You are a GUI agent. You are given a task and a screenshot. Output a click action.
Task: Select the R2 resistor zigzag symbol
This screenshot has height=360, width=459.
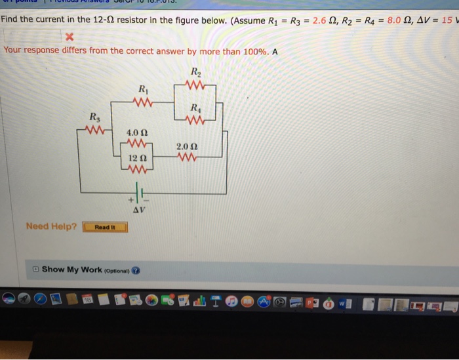pyautogui.click(x=195, y=85)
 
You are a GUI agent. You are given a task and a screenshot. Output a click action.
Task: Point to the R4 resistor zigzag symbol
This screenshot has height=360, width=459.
pyautogui.click(x=195, y=121)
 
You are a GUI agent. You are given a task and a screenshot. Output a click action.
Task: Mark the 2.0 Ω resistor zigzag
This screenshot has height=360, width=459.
pyautogui.click(x=186, y=158)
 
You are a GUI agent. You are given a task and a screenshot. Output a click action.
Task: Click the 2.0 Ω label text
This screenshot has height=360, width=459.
pyautogui.click(x=186, y=146)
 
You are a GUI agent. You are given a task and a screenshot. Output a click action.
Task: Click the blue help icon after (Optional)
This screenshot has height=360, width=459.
pyautogui.click(x=135, y=270)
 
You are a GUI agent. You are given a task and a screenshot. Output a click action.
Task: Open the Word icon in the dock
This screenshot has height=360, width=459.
pyautogui.click(x=344, y=302)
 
